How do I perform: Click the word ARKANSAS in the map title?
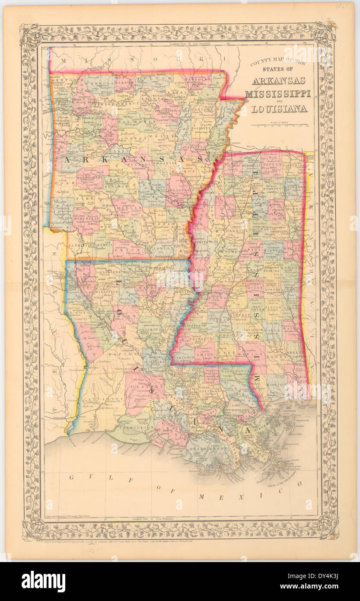[x=278, y=81]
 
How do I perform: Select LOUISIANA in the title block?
[x=279, y=108]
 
